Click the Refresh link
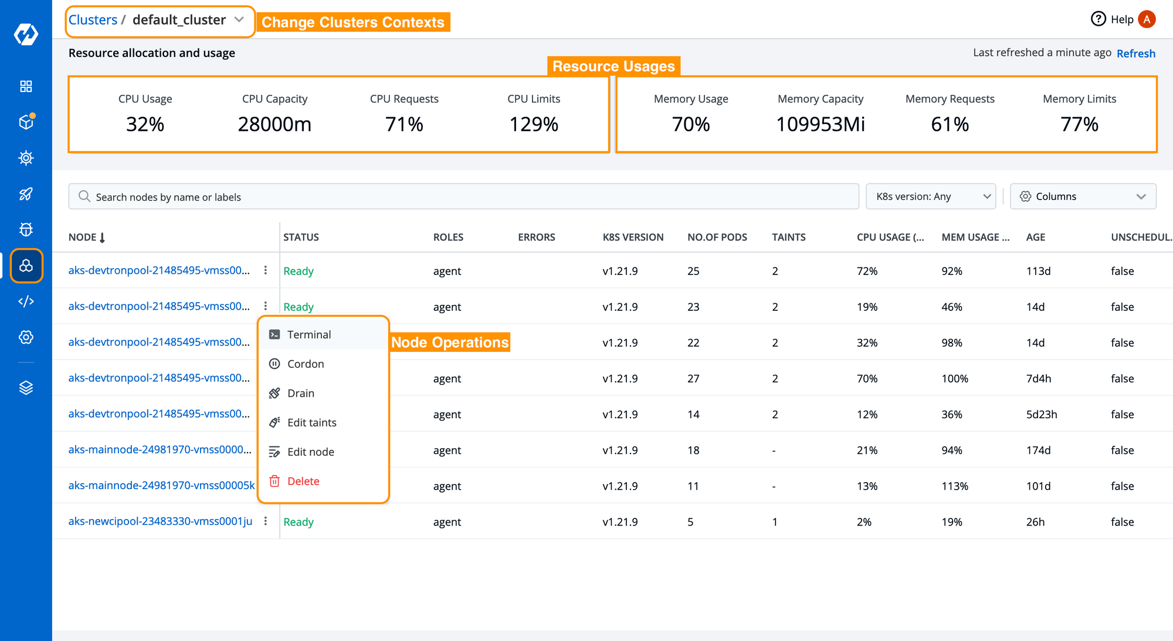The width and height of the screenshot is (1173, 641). coord(1135,53)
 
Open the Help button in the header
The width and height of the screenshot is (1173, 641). coord(1112,19)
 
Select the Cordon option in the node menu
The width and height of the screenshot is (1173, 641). coord(306,364)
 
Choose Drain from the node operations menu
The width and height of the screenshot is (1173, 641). coord(301,393)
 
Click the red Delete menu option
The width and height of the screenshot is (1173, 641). coord(303,481)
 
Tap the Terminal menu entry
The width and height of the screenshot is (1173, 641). coord(309,334)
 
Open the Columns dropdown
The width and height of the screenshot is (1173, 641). coord(1083,196)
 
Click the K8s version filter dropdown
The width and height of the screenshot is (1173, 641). coord(931,196)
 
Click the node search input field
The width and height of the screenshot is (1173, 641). coord(463,196)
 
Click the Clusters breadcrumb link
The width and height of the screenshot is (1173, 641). coord(93,20)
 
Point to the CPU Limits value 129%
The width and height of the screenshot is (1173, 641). coord(534,124)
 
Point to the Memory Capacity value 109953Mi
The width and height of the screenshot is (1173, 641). coord(821,124)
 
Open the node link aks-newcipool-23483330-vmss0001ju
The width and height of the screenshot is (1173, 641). coord(160,521)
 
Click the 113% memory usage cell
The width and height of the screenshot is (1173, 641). coord(955,486)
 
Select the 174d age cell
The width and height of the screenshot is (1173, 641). coord(1038,450)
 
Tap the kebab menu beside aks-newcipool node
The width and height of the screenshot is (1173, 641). coord(266,521)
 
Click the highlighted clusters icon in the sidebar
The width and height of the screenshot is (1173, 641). coord(26,266)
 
